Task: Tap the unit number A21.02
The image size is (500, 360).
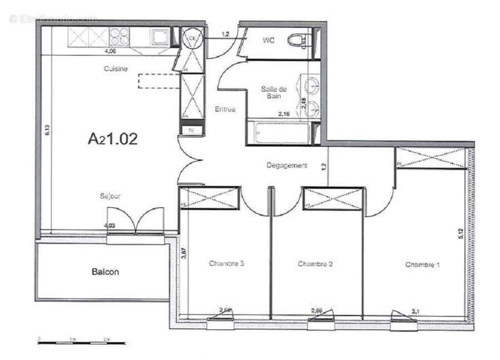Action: tap(113, 139)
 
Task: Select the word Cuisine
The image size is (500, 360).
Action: tap(116, 69)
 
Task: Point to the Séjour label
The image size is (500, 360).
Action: tap(111, 196)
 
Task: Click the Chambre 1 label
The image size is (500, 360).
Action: tap(422, 265)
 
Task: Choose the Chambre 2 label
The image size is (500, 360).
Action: tap(315, 264)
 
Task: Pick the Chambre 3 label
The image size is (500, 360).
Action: tap(227, 263)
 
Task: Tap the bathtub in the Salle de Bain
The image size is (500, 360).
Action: tap(278, 132)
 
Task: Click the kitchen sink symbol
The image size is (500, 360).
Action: tap(161, 37)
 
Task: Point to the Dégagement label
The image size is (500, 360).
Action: tap(287, 166)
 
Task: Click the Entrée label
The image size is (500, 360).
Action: tap(225, 109)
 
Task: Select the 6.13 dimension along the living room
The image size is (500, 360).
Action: tap(48, 130)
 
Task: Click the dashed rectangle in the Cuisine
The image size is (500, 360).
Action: tap(159, 81)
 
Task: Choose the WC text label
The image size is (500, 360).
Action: tap(269, 40)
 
